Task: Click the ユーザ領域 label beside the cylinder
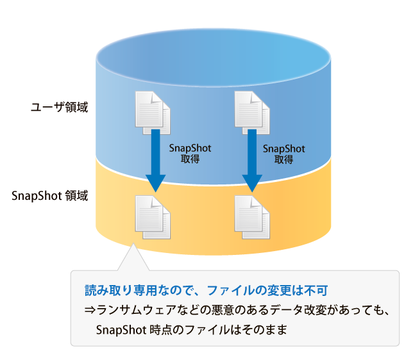59,108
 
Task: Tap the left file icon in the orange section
152,217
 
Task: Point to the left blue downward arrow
155,160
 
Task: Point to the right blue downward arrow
252,160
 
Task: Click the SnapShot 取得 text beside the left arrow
190,153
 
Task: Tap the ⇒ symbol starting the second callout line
90,311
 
